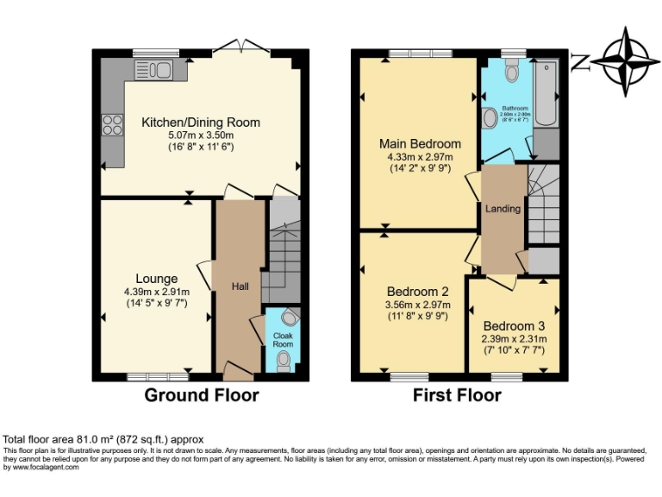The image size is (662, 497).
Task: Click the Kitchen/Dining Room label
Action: [201, 123]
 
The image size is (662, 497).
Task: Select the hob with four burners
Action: [112, 125]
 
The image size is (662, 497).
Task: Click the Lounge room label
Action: [157, 279]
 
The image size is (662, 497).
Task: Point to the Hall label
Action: [240, 286]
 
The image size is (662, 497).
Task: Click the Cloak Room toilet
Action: [284, 360]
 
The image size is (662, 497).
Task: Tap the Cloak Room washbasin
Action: [289, 317]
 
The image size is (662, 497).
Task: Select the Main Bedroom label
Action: [420, 143]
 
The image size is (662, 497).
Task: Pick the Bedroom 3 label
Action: [514, 326]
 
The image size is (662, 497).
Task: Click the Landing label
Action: [503, 209]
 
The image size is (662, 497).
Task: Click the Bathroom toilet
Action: [513, 72]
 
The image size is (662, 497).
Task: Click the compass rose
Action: [624, 61]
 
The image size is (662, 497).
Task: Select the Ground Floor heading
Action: [201, 395]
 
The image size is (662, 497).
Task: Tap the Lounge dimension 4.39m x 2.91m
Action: [157, 292]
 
